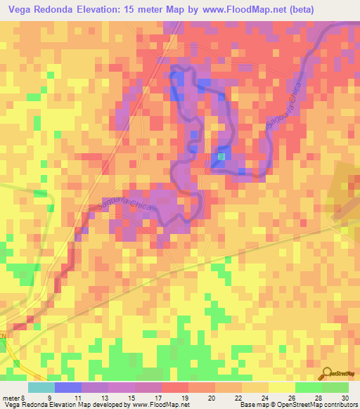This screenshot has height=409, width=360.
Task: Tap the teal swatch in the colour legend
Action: (x=41, y=387)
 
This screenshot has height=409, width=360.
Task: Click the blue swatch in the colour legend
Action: (x=68, y=387)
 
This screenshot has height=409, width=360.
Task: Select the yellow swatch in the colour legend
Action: (x=281, y=387)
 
